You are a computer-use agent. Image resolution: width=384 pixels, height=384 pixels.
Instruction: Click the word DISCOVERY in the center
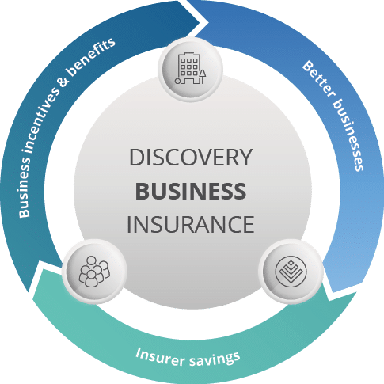click(x=191, y=157)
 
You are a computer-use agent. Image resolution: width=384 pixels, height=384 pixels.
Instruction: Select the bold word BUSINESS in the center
click(x=191, y=191)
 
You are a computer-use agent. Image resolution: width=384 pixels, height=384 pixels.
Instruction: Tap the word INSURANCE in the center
click(x=191, y=224)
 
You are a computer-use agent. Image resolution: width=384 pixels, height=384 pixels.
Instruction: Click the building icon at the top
click(x=191, y=68)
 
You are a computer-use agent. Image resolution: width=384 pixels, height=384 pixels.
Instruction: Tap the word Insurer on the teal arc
click(x=158, y=352)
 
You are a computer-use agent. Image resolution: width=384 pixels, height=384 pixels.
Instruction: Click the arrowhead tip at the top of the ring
click(x=200, y=11)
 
